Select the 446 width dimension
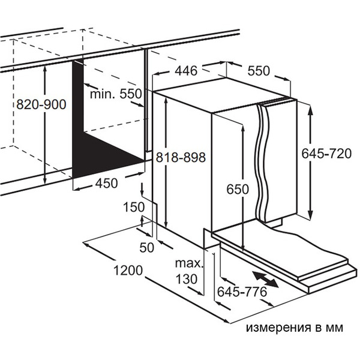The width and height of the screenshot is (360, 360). tap(186, 71)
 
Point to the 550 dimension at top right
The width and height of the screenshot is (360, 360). tap(259, 71)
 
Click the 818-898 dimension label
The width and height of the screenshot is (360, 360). tap(180, 157)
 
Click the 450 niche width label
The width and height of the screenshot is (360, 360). tap(107, 184)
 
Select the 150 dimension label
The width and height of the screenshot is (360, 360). tap(134, 207)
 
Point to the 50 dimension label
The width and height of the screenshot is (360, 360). tap(148, 246)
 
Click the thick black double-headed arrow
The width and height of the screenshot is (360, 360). tap(265, 278)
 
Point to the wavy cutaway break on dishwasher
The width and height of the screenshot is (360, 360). tap(263, 159)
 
